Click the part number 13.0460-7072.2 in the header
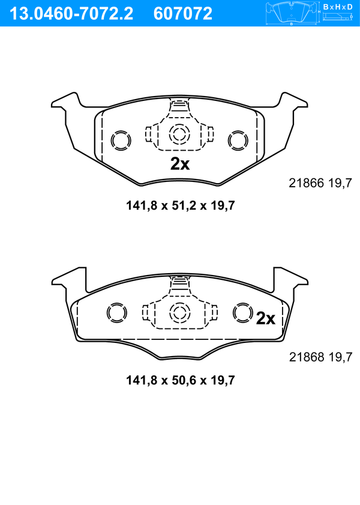click(x=71, y=14)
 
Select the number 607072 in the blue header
click(x=183, y=14)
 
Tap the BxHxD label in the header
click(x=338, y=7)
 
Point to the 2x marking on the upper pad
click(x=180, y=164)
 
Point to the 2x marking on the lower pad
click(x=266, y=318)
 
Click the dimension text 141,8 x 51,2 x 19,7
click(x=180, y=205)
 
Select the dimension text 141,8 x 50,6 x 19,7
click(x=180, y=380)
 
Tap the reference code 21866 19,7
click(x=320, y=183)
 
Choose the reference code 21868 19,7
click(x=321, y=357)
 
